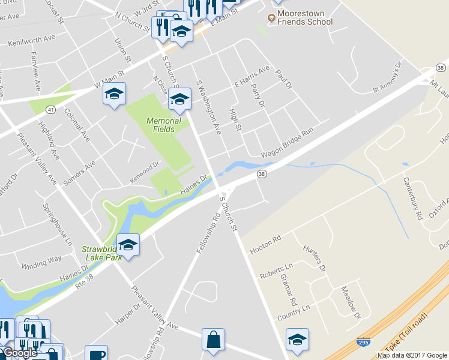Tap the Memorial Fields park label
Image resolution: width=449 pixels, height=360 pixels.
(x=164, y=125)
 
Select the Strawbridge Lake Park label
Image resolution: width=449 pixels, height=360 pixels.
(x=103, y=253)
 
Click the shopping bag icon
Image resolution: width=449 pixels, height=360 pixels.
(x=213, y=339)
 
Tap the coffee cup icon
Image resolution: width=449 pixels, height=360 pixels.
(x=96, y=353)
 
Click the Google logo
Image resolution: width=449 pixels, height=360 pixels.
(x=19, y=353)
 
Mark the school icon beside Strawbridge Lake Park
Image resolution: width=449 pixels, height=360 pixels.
(x=128, y=244)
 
